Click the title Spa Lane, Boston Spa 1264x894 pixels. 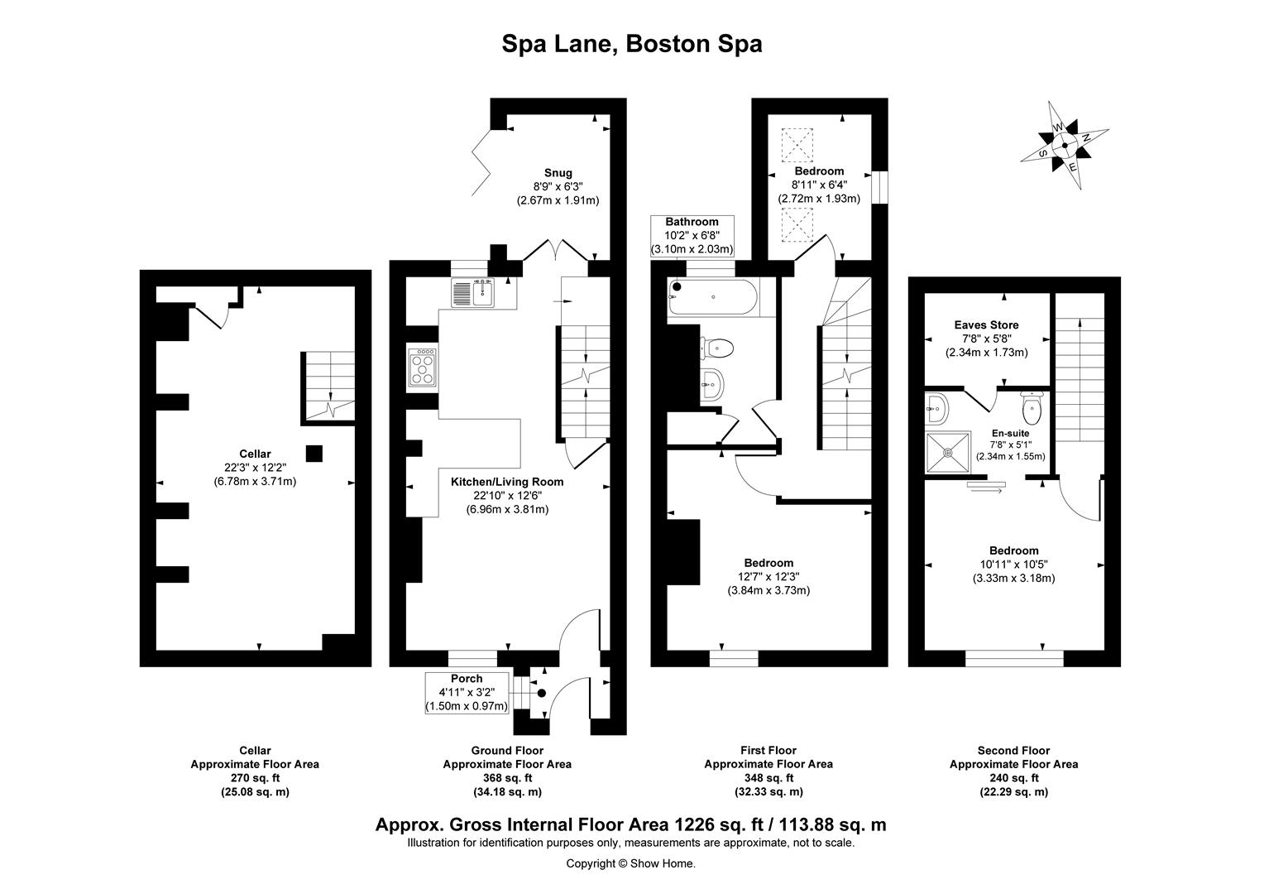point(631,43)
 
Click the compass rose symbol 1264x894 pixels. point(1064,145)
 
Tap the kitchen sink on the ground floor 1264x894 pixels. point(472,293)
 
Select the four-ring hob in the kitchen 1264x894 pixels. point(423,367)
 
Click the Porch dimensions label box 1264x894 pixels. point(466,693)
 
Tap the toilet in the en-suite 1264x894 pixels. point(1031,406)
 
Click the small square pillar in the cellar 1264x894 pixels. point(314,453)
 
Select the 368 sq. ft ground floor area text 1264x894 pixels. point(506,778)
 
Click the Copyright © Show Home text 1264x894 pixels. point(630,863)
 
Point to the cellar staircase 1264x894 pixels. point(328,387)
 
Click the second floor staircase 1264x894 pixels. point(1079,372)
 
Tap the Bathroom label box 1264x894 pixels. point(692,236)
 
